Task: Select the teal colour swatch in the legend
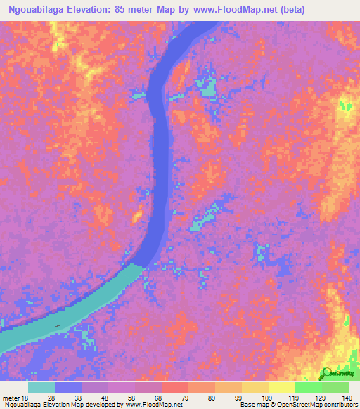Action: click(x=41, y=387)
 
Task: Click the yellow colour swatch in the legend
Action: click(x=281, y=387)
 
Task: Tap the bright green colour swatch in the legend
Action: click(x=308, y=387)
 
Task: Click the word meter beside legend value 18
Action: click(x=12, y=398)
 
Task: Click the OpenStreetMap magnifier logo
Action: click(x=326, y=374)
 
